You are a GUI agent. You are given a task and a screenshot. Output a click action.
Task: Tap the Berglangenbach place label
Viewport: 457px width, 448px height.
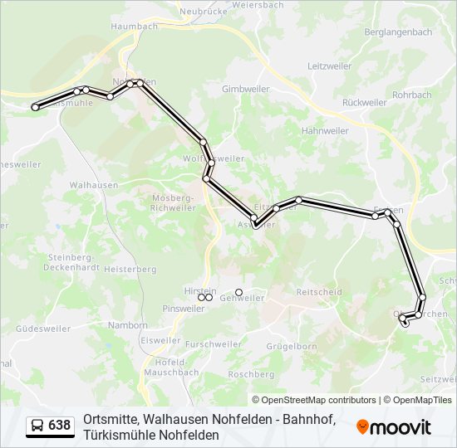398,32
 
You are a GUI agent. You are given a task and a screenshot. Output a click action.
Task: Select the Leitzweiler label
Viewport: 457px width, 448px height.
330,66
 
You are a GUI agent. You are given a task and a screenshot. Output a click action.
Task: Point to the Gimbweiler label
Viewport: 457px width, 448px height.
243,89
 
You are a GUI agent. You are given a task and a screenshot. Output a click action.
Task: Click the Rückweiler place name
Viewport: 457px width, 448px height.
364,103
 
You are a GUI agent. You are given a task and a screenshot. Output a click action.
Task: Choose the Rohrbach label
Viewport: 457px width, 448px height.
412,95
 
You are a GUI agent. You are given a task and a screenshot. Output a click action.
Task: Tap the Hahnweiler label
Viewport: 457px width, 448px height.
325,131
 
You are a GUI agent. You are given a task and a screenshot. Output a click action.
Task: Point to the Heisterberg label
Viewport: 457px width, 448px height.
130,270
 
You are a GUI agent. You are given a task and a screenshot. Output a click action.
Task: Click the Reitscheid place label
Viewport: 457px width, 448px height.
319,292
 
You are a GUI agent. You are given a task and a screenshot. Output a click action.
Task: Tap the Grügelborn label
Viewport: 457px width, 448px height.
292,346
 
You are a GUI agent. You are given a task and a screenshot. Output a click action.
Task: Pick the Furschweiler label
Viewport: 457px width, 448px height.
214,344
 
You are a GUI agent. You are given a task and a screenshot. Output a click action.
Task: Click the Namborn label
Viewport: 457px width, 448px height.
128,325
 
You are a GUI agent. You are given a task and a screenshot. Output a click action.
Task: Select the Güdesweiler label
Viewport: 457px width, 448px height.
43,329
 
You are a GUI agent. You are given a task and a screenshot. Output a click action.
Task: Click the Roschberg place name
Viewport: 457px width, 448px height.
250,374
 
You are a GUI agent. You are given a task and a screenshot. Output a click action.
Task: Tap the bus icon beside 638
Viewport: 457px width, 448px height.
37,426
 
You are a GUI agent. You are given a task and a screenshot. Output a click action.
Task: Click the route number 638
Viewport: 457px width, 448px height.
59,426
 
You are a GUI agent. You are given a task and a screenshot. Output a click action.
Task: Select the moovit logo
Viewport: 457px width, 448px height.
394,427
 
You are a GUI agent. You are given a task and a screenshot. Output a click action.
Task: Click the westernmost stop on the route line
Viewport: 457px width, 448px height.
35,107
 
